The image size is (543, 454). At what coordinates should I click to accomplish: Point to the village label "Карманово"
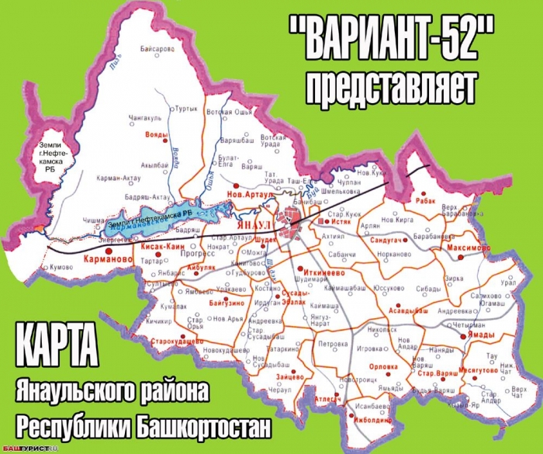(x=104, y=262)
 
